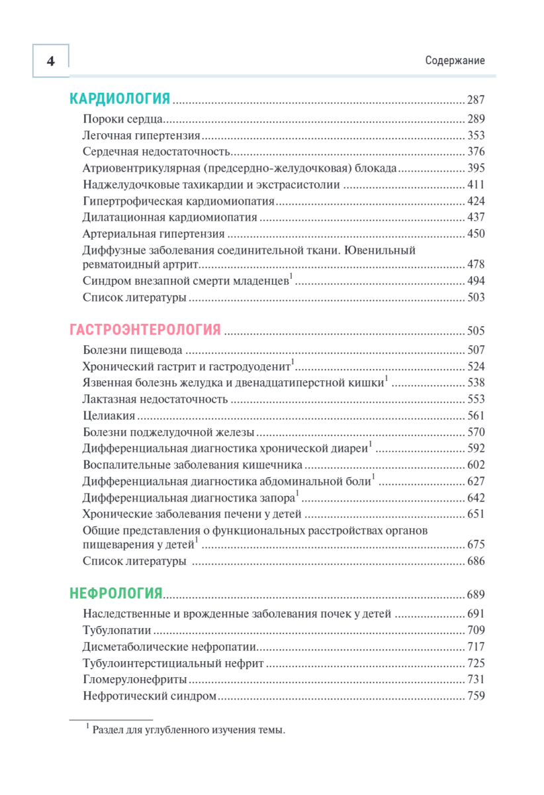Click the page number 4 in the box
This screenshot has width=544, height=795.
tap(51, 61)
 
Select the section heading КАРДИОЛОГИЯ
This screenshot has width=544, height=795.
tap(120, 100)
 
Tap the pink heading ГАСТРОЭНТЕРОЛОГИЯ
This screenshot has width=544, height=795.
tap(145, 331)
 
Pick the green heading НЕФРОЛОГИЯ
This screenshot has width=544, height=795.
tap(116, 594)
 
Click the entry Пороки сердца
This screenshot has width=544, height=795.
tap(123, 119)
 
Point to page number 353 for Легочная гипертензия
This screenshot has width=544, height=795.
tap(476, 136)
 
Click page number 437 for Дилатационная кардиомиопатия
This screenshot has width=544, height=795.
tap(476, 217)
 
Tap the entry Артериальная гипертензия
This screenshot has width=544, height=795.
tap(154, 234)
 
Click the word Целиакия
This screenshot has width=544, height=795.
tap(109, 415)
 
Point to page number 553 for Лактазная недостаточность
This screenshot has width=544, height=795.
tap(476, 399)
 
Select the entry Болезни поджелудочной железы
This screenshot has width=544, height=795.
tap(168, 432)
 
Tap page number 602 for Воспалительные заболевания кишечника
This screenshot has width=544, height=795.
tap(476, 464)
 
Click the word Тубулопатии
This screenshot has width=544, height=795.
tap(117, 630)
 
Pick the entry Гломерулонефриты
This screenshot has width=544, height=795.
tap(134, 680)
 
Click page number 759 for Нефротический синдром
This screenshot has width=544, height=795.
tap(476, 696)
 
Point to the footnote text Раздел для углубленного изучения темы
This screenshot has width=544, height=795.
tap(188, 731)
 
